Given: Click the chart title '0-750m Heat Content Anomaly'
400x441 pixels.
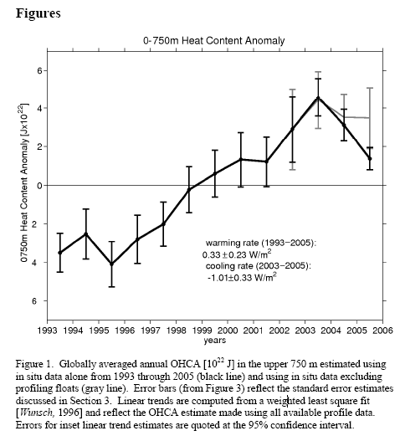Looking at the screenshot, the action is pyautogui.click(x=213, y=41).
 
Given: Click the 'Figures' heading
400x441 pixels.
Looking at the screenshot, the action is pyautogui.click(x=38, y=13).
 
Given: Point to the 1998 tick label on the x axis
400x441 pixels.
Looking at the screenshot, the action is pyautogui.click(x=176, y=330).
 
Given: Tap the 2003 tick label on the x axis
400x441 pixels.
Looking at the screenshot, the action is pyautogui.click(x=305, y=330).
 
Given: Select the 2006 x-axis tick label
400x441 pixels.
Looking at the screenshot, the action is pyautogui.click(x=382, y=330).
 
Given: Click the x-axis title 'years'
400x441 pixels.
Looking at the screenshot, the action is pyautogui.click(x=214, y=341).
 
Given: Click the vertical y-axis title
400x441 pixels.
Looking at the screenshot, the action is pyautogui.click(x=24, y=182).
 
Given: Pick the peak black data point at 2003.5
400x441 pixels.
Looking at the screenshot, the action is pyautogui.click(x=318, y=98).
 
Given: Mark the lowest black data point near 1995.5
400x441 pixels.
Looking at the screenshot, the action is pyautogui.click(x=111, y=264).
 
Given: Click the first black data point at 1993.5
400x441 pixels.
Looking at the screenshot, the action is pyautogui.click(x=60, y=253).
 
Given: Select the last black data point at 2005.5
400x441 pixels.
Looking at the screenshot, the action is pyautogui.click(x=370, y=159).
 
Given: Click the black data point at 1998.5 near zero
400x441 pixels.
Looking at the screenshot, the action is pyautogui.click(x=189, y=190).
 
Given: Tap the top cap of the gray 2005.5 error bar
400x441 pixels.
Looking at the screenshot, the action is pyautogui.click(x=370, y=88).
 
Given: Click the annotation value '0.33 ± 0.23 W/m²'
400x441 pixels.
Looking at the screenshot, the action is pyautogui.click(x=237, y=254).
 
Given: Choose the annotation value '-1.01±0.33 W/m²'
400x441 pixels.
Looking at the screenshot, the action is pyautogui.click(x=242, y=277).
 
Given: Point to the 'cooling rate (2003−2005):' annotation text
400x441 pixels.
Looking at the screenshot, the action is pyautogui.click(x=259, y=266).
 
